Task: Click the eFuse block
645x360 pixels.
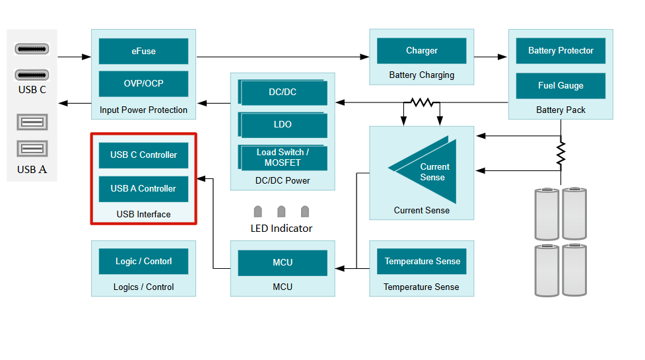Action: [143, 51]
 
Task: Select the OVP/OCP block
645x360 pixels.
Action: [143, 84]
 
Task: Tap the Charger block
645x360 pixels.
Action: [421, 51]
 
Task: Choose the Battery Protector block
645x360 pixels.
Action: [560, 51]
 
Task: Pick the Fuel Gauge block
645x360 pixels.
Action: [560, 86]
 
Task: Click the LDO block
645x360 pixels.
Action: [283, 125]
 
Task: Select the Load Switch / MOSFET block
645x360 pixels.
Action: [283, 158]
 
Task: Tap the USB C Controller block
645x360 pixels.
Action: [143, 155]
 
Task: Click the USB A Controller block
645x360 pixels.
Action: [143, 189]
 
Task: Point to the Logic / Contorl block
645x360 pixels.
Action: [143, 262]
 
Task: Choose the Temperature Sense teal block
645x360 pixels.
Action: [422, 262]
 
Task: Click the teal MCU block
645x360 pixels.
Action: [283, 263]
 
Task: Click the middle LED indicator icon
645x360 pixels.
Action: [281, 211]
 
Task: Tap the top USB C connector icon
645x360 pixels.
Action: [32, 50]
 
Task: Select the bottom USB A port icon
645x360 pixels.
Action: [32, 149]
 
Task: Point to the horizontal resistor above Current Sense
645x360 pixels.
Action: [421, 102]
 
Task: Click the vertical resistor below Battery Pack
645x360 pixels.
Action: [560, 153]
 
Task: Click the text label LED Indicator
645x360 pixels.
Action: [281, 229]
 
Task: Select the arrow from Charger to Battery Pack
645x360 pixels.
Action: [491, 57]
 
